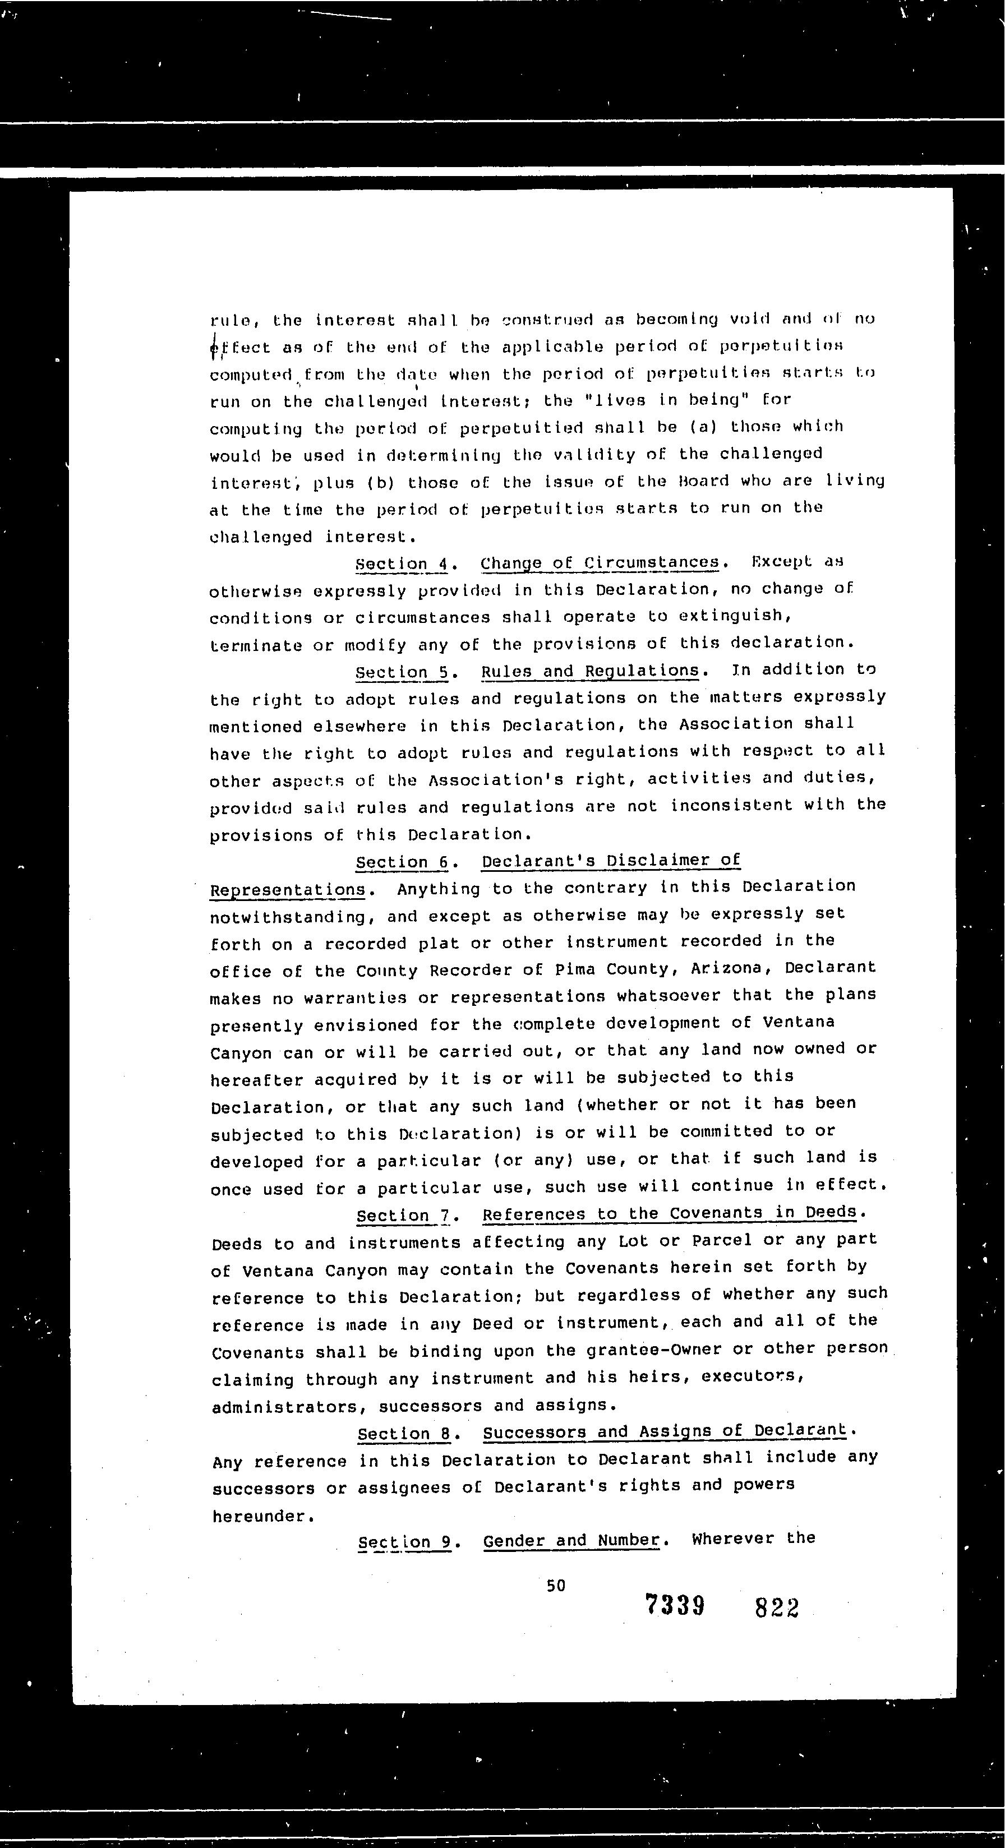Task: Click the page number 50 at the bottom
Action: click(x=555, y=1586)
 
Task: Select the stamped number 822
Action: click(x=777, y=1607)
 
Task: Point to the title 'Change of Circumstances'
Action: click(x=600, y=562)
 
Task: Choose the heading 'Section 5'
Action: click(x=403, y=672)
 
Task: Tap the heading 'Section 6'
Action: click(x=403, y=862)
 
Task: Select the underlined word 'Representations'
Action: click(x=288, y=890)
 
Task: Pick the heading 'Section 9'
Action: click(x=404, y=1541)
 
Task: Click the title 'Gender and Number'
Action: click(x=571, y=1540)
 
